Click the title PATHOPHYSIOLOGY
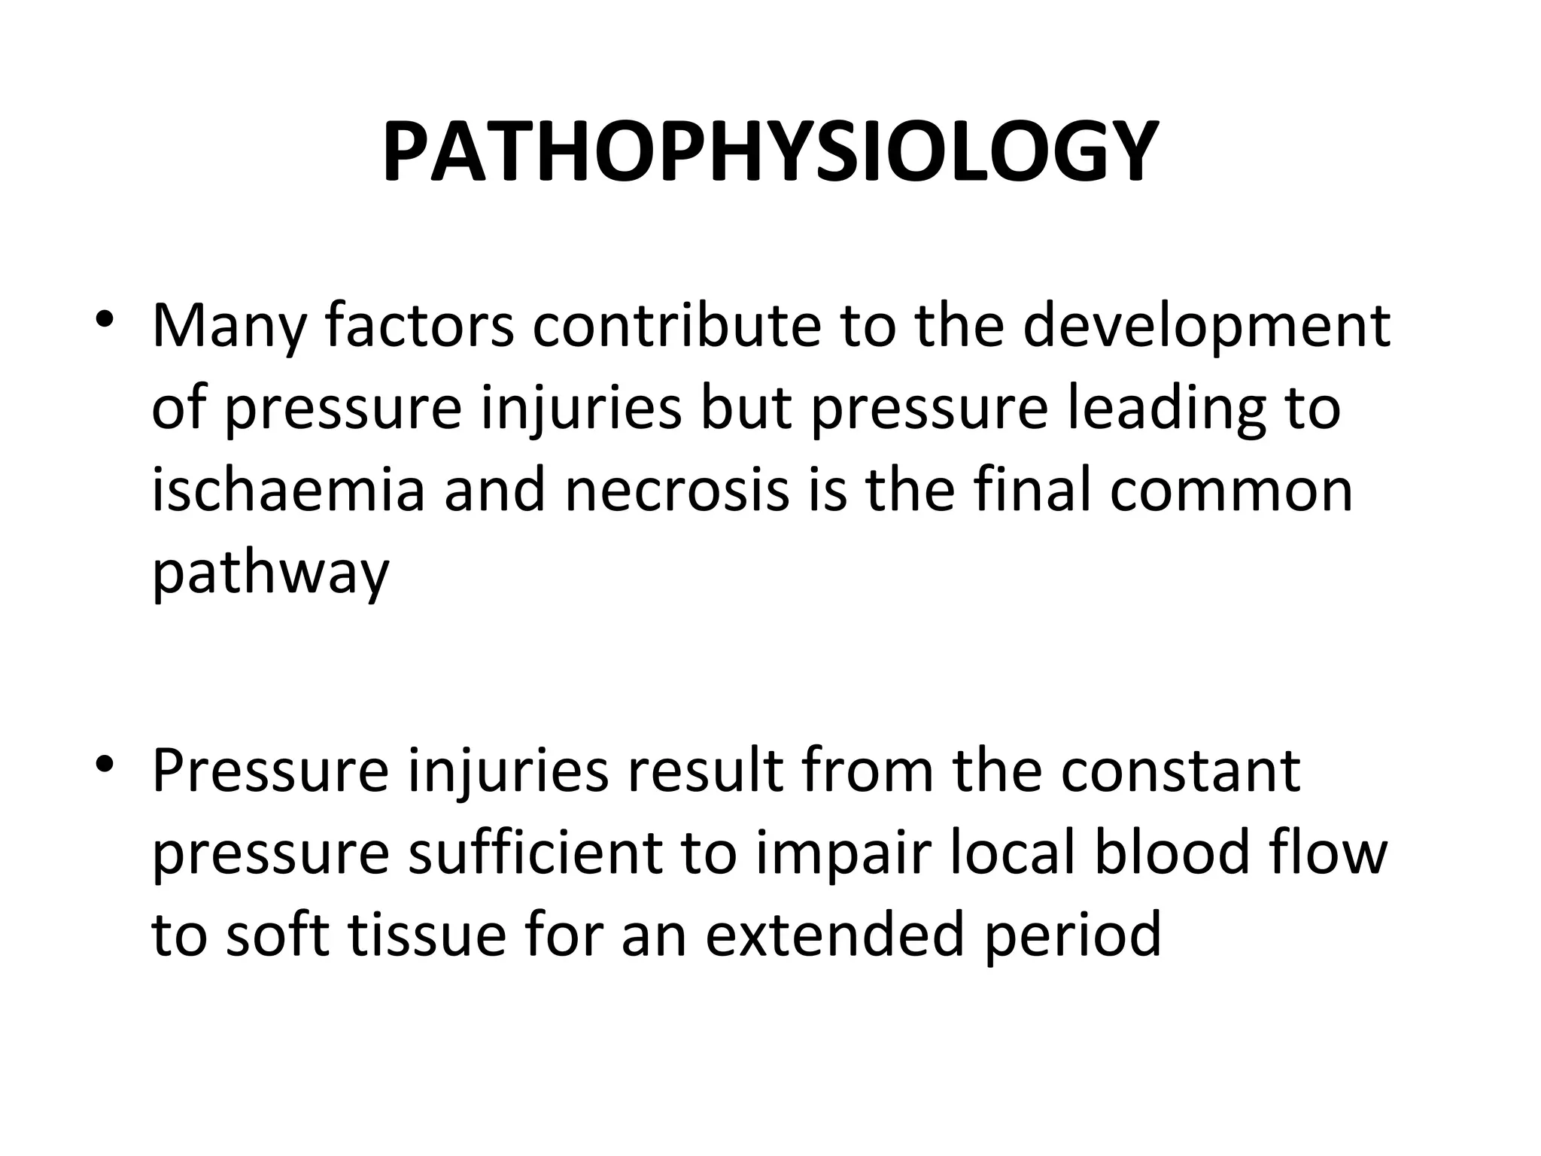click(770, 153)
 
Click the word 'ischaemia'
click(289, 491)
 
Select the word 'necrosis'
click(676, 491)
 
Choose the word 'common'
click(1231, 491)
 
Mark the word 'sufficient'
click(535, 853)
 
